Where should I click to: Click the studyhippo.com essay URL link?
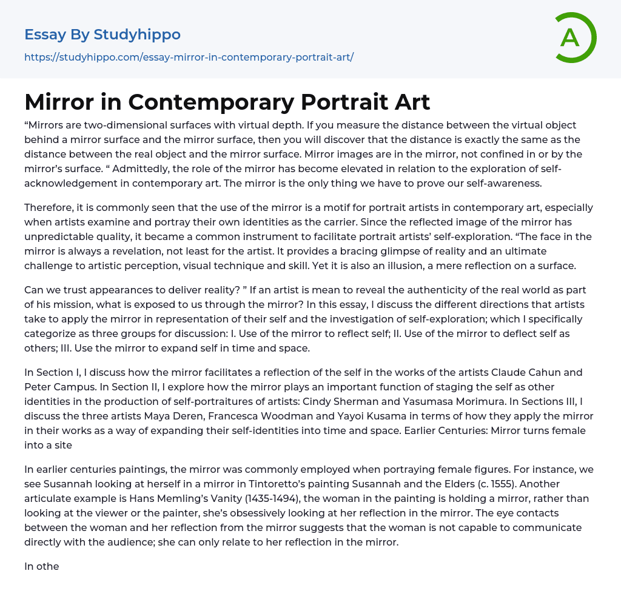coord(189,58)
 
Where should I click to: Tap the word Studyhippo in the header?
coord(137,35)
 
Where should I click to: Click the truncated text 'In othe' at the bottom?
coord(41,567)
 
